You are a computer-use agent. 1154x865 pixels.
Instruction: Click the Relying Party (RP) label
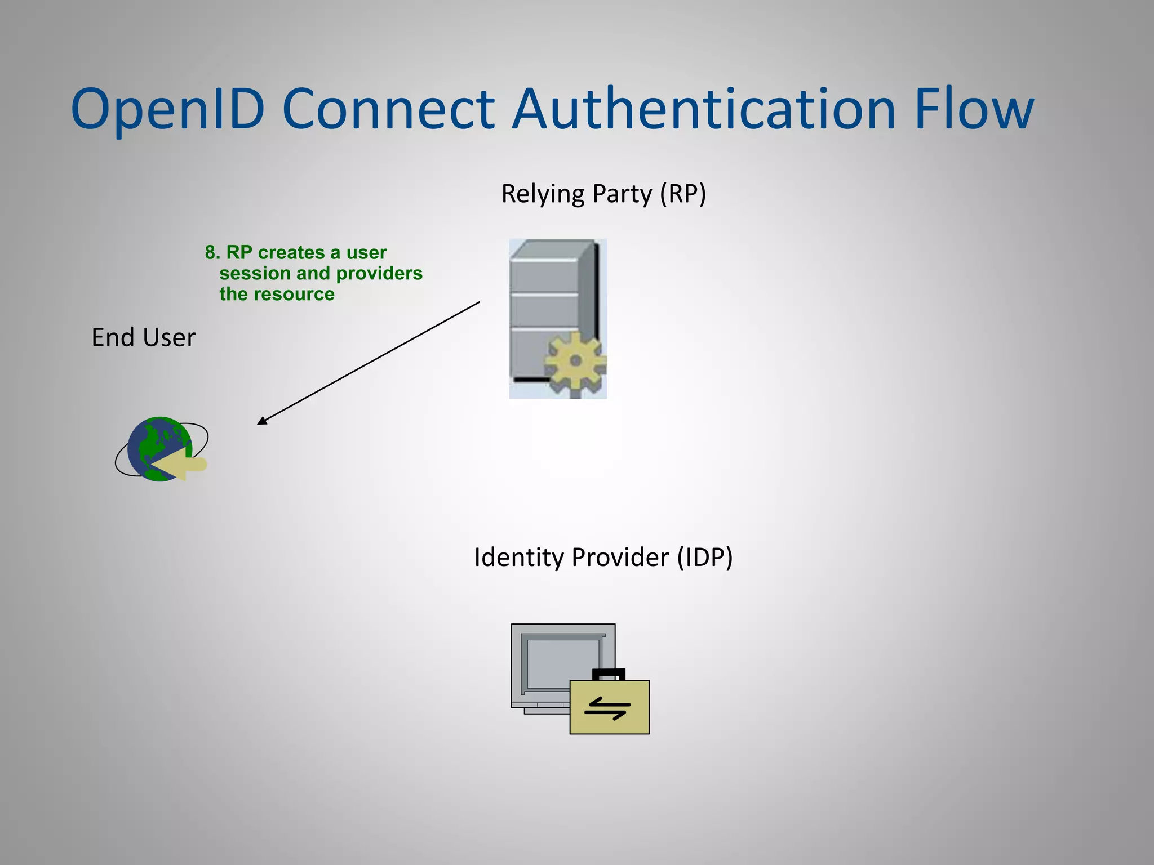(x=603, y=194)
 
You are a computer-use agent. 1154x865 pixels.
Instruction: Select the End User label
(x=143, y=338)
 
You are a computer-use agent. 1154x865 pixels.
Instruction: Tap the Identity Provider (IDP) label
(x=603, y=558)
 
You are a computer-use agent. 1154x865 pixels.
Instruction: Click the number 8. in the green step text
(x=212, y=253)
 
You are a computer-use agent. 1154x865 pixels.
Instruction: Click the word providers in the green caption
(x=379, y=274)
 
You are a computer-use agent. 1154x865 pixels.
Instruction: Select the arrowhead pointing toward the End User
(x=262, y=420)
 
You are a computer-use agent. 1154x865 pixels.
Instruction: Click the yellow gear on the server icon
(x=575, y=361)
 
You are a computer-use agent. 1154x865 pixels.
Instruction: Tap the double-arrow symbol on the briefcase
(x=607, y=708)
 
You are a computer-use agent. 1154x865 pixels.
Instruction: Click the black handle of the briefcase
(x=609, y=674)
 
